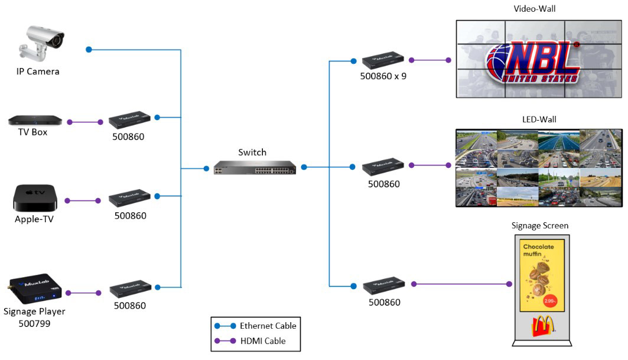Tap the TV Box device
coord(35,121)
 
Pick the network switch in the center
coord(255,167)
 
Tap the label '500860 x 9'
coord(383,76)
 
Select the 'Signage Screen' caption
coord(540,226)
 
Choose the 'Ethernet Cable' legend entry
coord(267,326)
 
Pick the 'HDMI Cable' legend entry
coord(262,340)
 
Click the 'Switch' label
coord(252,152)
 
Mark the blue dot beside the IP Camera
coord(89,50)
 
